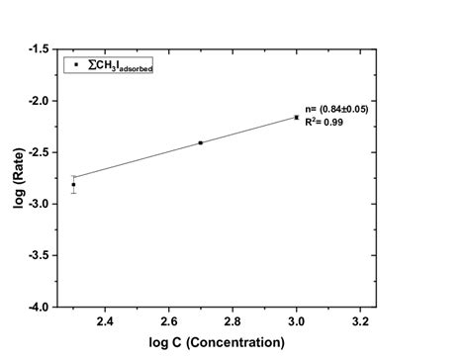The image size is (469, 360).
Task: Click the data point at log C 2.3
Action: [x=73, y=184]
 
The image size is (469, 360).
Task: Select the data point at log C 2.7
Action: [x=200, y=142]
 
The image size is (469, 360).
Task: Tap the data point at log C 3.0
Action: [x=296, y=117]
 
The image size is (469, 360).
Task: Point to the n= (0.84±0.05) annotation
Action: [x=336, y=109]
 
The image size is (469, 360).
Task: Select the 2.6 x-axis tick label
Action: [x=168, y=321]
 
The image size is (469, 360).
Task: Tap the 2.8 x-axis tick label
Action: [x=233, y=321]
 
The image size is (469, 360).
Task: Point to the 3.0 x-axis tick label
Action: [x=296, y=321]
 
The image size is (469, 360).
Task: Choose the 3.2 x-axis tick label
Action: [x=360, y=321]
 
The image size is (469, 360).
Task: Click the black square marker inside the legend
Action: [x=75, y=65]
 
